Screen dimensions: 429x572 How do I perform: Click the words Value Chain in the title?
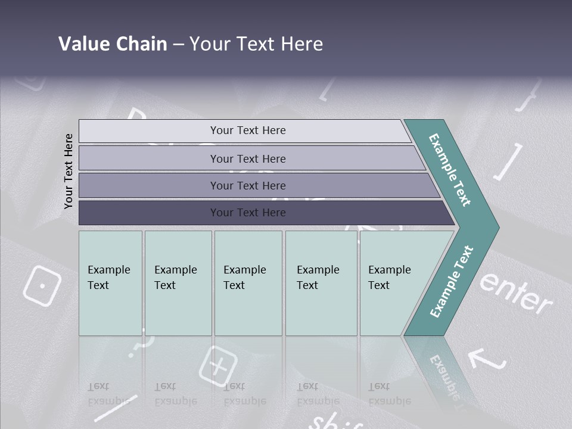click(x=113, y=44)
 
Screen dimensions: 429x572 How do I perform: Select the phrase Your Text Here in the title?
click(x=256, y=44)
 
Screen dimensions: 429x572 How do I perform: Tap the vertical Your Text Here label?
click(x=69, y=171)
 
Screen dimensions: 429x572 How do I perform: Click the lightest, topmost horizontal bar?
click(x=247, y=130)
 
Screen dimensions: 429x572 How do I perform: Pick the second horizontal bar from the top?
click(x=247, y=158)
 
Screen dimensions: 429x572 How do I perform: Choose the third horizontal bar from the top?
click(x=247, y=185)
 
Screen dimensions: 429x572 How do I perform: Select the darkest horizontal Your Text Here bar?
click(x=247, y=213)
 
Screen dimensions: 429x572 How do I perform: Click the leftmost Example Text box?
click(x=110, y=283)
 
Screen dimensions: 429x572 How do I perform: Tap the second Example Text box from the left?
click(x=178, y=283)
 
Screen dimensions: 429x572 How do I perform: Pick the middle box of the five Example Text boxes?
click(x=248, y=283)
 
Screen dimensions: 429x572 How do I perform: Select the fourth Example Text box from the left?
click(x=321, y=283)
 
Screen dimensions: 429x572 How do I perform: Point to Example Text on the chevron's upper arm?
click(x=450, y=170)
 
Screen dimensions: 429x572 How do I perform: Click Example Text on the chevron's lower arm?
click(x=451, y=282)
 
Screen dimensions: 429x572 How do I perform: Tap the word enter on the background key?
click(x=516, y=292)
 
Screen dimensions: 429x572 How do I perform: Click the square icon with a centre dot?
click(x=42, y=285)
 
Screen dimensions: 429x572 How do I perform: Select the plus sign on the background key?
click(x=217, y=365)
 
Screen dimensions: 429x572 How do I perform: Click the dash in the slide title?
click(x=178, y=44)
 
